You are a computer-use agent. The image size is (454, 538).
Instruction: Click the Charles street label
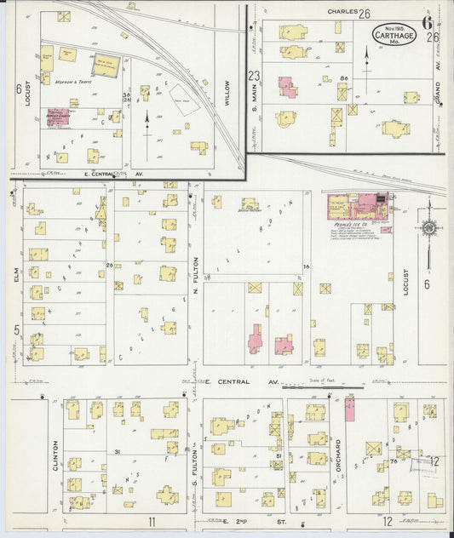pos(341,13)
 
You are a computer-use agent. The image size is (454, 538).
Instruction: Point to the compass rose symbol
pos(429,228)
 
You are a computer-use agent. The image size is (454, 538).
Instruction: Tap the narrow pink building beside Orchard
pos(349,409)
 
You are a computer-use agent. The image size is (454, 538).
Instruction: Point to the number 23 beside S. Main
pos(253,77)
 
